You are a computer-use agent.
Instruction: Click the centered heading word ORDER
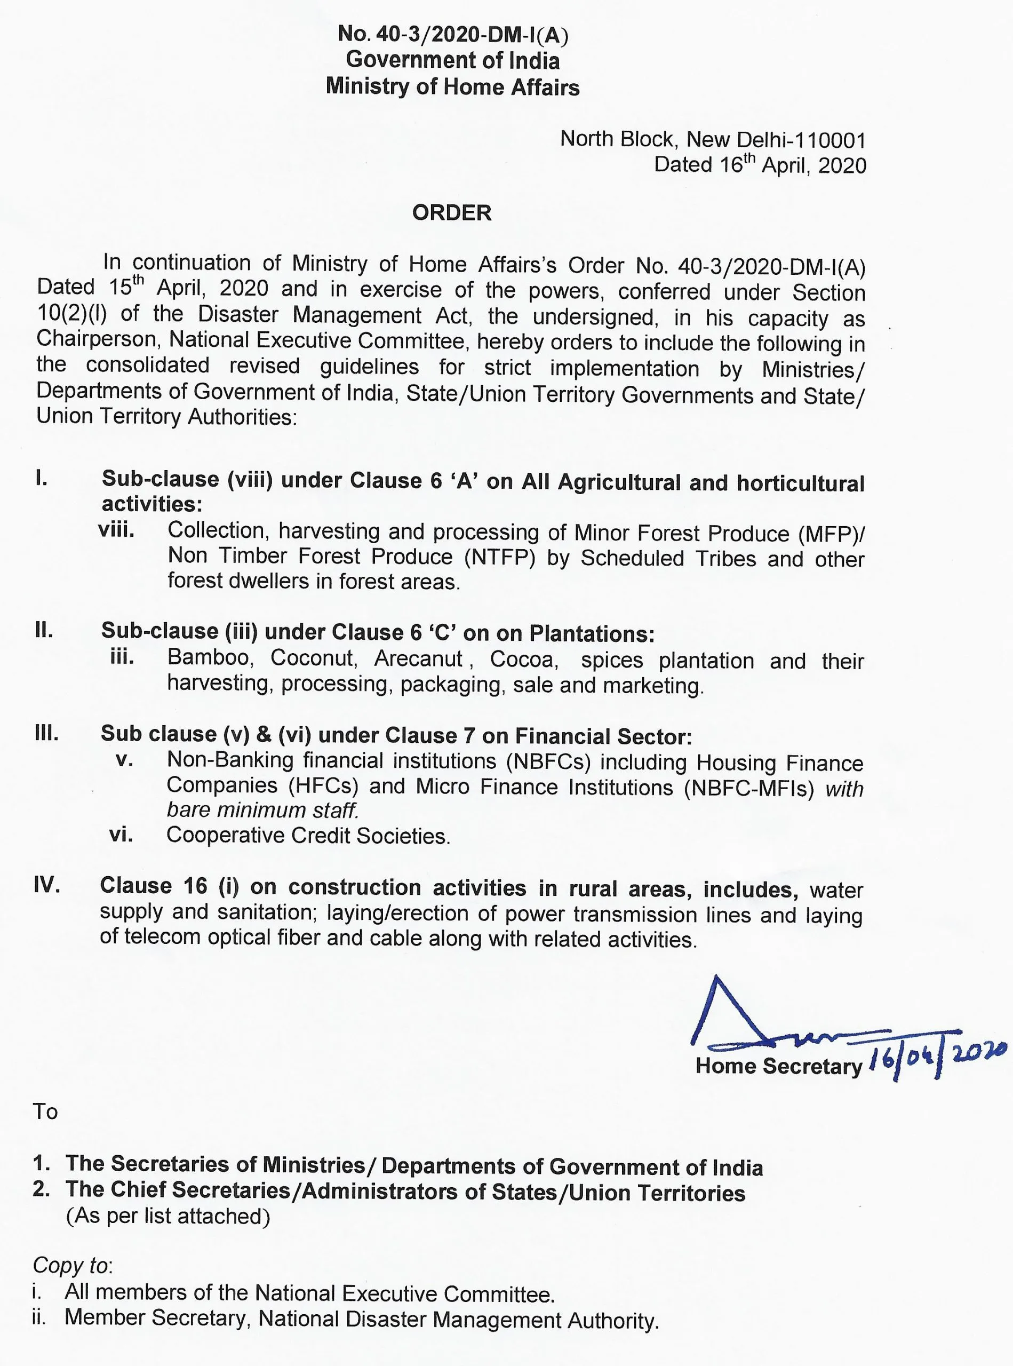(x=451, y=213)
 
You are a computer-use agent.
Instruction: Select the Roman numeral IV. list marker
(x=47, y=885)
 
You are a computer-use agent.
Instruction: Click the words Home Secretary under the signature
(x=779, y=1066)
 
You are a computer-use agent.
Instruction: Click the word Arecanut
(x=418, y=659)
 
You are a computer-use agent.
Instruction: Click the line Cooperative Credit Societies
(x=308, y=836)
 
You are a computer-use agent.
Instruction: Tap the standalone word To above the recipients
(x=45, y=1111)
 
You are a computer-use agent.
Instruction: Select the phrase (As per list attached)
(x=168, y=1216)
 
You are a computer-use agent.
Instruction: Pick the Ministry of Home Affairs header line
(x=452, y=86)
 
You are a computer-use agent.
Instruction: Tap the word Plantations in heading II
(x=591, y=633)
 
